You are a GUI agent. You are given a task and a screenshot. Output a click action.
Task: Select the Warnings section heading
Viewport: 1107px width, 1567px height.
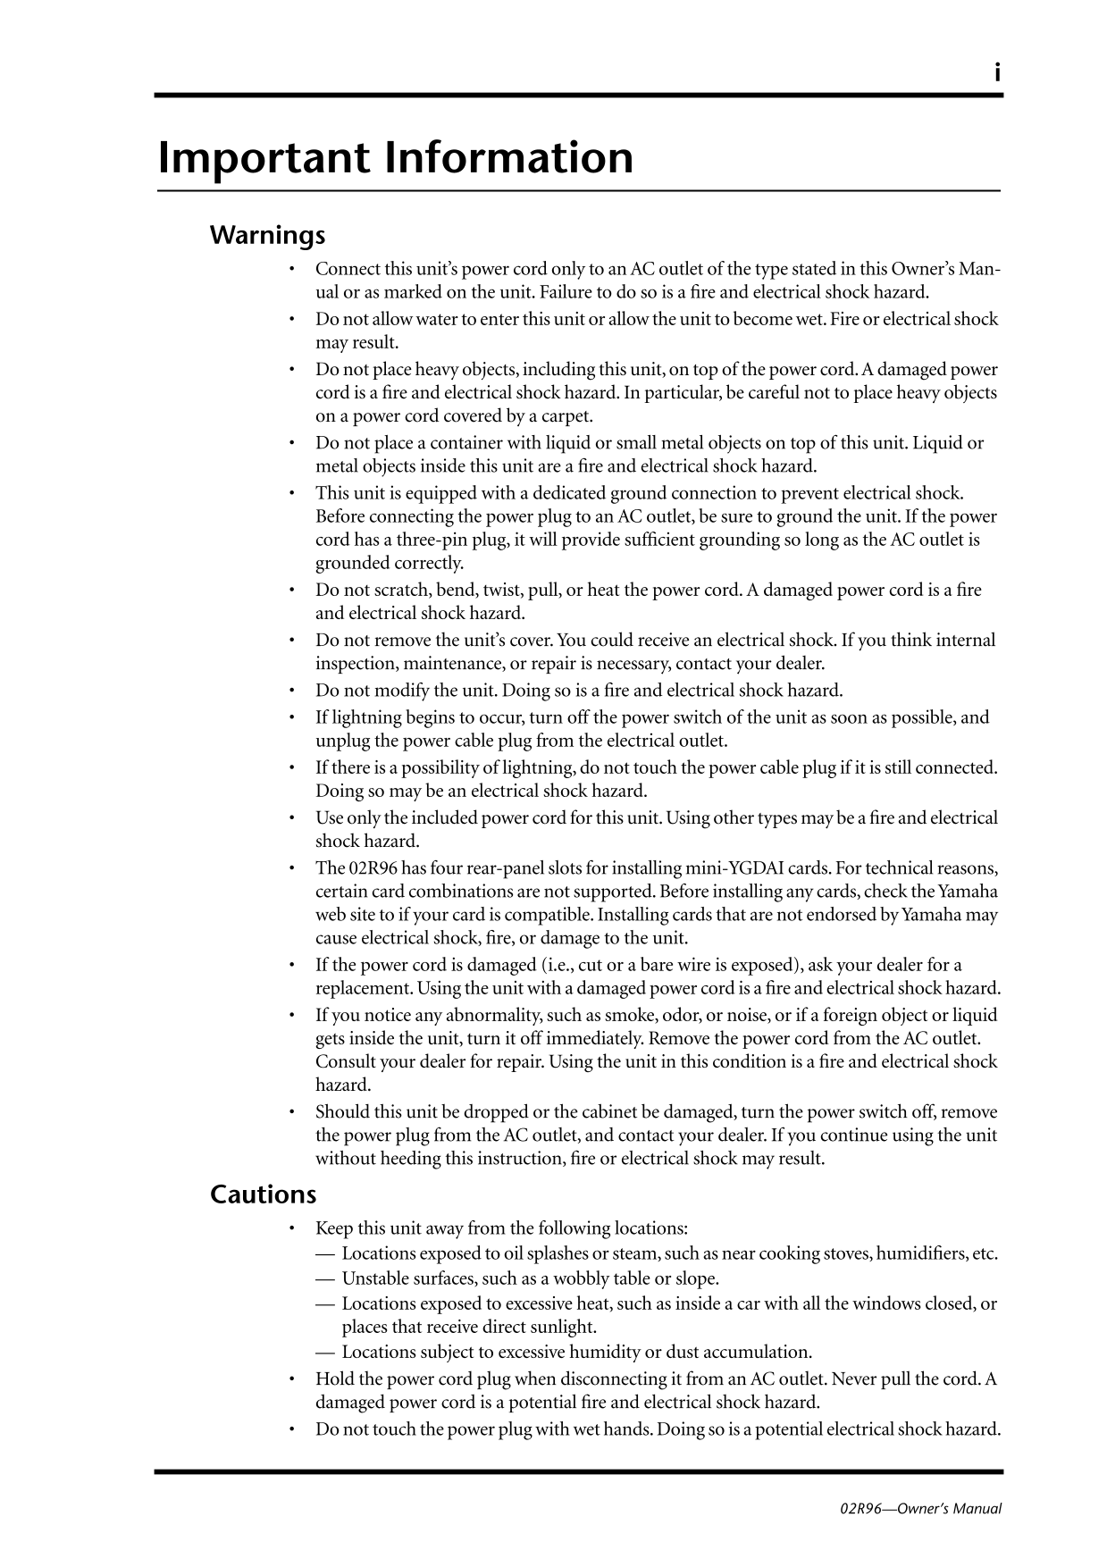click(267, 236)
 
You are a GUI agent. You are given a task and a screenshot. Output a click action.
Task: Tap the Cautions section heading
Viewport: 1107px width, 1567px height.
click(263, 1194)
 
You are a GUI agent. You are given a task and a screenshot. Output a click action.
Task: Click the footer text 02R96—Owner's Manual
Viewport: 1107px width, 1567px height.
click(921, 1509)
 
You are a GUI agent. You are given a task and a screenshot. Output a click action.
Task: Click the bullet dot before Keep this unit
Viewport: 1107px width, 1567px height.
click(292, 1229)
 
